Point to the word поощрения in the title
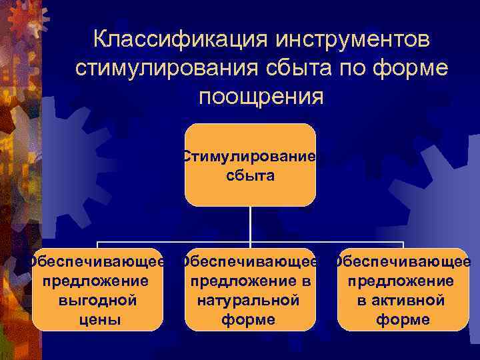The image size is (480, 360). point(261,96)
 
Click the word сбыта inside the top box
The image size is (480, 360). point(250,177)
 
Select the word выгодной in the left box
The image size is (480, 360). point(97,300)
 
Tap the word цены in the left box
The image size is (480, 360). point(97,319)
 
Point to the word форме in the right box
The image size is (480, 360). point(402,319)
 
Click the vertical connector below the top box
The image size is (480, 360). point(250,223)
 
